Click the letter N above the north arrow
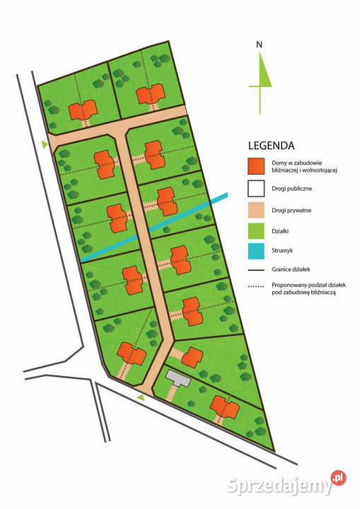tap(260, 45)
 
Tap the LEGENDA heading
tap(271, 146)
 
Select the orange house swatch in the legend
tap(256, 167)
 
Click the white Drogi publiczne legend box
tap(256, 189)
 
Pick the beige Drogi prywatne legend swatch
tap(256, 210)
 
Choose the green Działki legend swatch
tap(256, 230)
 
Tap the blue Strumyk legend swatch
tap(256, 250)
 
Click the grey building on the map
tap(179, 380)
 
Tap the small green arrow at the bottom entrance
tap(141, 399)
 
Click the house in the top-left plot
tap(82, 110)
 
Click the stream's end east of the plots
tap(225, 197)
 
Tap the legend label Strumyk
tap(282, 250)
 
